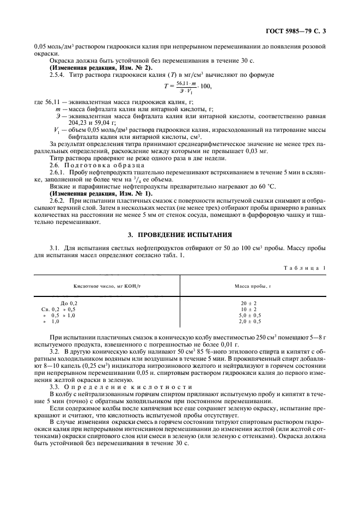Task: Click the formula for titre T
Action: pos(184,86)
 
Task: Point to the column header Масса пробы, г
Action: pos(252,286)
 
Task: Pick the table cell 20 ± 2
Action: pos(252,303)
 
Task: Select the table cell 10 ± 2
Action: pos(252,309)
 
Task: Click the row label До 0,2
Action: pos(69,303)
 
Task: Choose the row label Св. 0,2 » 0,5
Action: pos(56,309)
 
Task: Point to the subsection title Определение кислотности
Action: pos(104,386)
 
